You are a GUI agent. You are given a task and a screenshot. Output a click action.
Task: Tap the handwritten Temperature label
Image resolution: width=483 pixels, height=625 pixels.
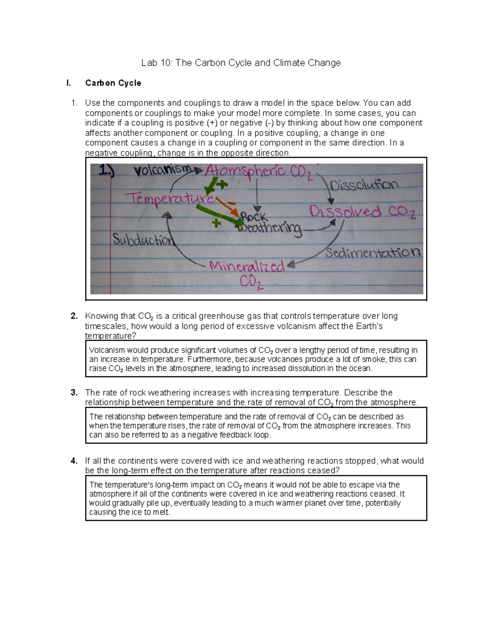[x=169, y=198]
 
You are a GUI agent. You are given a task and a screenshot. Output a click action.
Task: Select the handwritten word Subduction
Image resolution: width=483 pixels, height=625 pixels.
[x=143, y=239]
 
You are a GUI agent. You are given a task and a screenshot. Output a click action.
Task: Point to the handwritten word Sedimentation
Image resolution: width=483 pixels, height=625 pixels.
[x=373, y=253]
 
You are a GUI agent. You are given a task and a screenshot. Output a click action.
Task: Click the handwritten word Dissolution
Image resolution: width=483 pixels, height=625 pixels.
[x=364, y=185]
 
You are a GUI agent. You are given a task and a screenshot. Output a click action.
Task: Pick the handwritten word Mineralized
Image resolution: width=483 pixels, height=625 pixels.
[x=247, y=266]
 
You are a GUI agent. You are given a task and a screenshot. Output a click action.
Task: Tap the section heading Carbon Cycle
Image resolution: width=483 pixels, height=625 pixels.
[x=113, y=83]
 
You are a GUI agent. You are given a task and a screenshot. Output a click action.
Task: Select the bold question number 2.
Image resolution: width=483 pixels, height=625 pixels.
[x=74, y=316]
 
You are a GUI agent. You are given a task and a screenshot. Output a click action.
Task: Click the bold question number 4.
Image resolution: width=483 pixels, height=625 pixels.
[x=74, y=461]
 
